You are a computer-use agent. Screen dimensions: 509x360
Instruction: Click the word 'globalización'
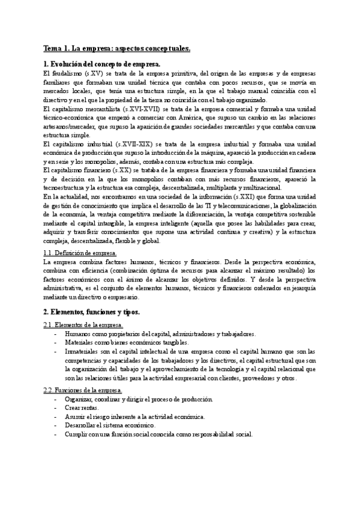click(294, 205)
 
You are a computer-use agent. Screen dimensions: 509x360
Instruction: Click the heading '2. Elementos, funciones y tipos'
click(91, 312)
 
